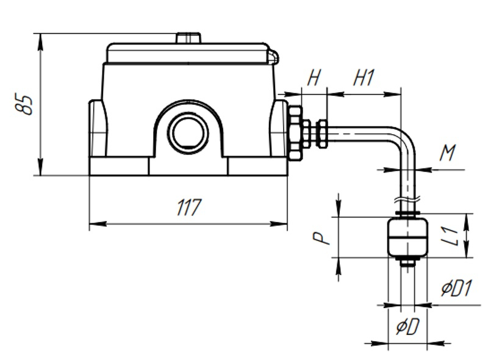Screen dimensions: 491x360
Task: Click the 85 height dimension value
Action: coord(24,104)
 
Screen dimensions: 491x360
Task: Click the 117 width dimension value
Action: coord(189,207)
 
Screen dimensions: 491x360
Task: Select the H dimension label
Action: coord(314,77)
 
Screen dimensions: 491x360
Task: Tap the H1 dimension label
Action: coord(364,77)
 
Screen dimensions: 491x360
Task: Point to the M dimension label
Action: coord(448,153)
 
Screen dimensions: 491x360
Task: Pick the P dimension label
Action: coord(322,238)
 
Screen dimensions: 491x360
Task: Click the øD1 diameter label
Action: coord(456,288)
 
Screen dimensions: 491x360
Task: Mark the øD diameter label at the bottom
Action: coord(407,327)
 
